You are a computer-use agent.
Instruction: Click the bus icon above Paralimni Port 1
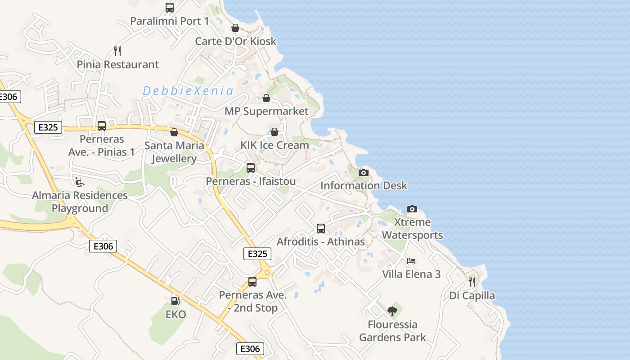point(170,7)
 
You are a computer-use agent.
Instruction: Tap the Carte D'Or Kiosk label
point(235,41)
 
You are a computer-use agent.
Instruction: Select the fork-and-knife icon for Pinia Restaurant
point(117,51)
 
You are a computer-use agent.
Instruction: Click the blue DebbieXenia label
point(188,91)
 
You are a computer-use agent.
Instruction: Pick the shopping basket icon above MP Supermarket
point(266,98)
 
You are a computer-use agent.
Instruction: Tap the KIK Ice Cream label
point(274,145)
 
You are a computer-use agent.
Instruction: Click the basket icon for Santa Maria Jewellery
point(174,132)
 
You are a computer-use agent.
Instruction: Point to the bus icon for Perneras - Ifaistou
point(251,168)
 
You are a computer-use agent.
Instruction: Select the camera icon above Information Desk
point(364,172)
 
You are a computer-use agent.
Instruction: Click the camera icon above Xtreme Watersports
point(412,209)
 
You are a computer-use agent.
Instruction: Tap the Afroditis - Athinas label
point(320,242)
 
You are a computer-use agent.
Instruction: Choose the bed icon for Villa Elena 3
point(411,261)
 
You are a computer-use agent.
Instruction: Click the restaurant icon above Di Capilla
point(472,282)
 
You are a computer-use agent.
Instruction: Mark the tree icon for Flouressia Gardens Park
point(392,311)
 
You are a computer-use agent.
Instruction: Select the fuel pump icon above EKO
point(175,301)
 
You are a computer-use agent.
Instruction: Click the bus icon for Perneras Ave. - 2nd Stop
point(252,282)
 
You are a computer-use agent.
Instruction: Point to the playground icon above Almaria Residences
point(80,182)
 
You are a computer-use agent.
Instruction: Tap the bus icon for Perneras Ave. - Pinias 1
point(102,126)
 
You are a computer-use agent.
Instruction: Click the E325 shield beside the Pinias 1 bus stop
point(48,127)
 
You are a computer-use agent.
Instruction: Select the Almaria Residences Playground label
point(80,202)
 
